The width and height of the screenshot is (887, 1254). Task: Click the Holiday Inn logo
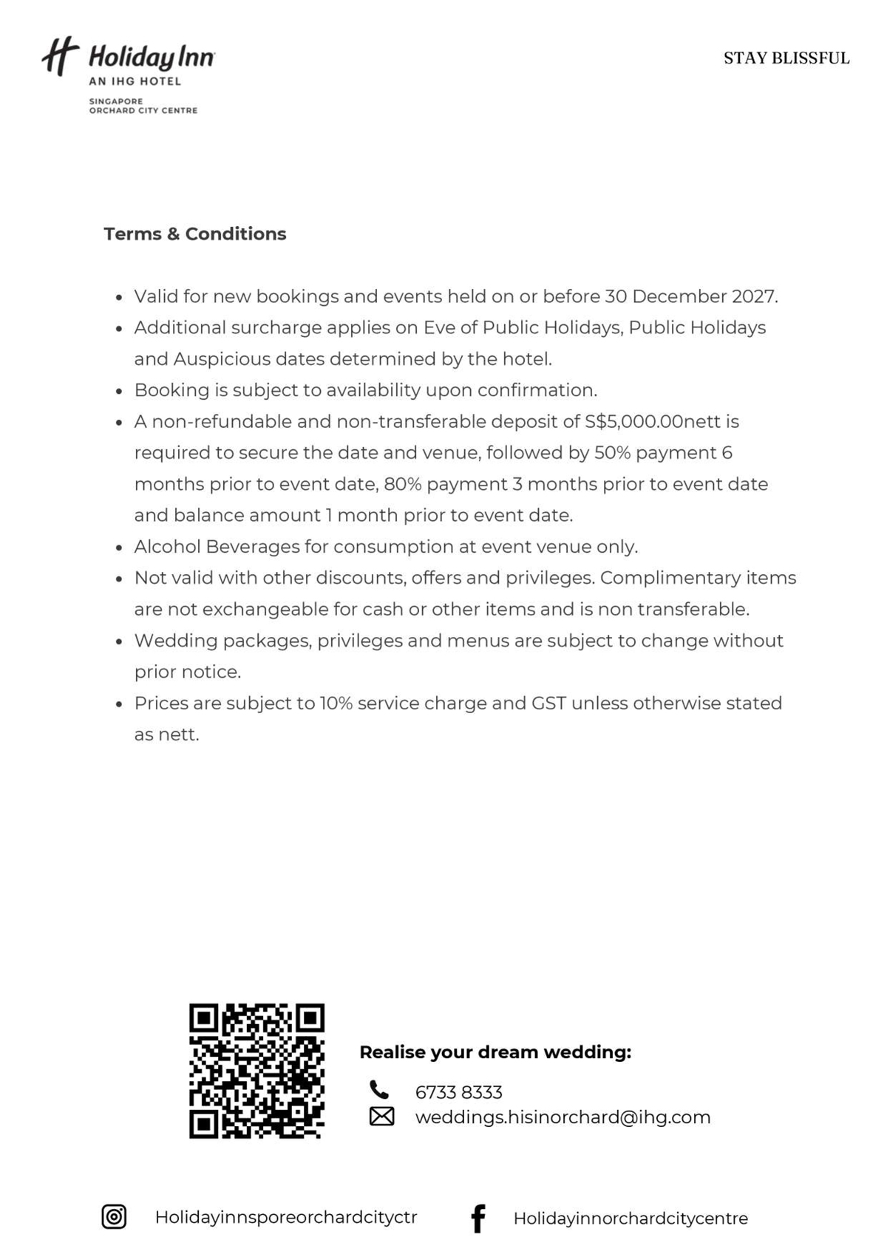(x=127, y=74)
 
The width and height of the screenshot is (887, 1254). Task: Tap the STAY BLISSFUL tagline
(x=786, y=58)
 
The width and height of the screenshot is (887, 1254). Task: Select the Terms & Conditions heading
(x=194, y=234)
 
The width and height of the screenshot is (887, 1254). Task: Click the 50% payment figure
(x=612, y=452)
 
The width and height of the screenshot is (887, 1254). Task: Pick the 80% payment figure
(x=402, y=484)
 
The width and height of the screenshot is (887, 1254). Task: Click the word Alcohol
(x=167, y=547)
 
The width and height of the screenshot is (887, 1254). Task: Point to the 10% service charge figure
(x=336, y=703)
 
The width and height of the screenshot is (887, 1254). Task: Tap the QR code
(x=256, y=1070)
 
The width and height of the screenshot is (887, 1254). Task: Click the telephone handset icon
(x=379, y=1090)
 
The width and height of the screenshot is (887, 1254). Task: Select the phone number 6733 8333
(x=458, y=1092)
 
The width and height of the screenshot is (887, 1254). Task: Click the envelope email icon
(x=381, y=1116)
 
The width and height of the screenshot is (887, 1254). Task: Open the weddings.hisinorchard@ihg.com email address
(x=563, y=1117)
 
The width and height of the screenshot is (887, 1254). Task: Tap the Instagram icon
(x=114, y=1216)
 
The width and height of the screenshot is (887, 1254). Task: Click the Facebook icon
(x=478, y=1218)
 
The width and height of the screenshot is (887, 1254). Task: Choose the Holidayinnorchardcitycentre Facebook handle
(x=631, y=1219)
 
